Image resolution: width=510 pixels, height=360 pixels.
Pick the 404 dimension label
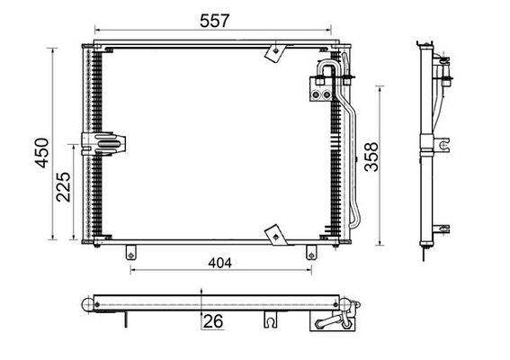click(219, 263)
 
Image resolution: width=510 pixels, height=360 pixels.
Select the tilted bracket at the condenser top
click(273, 53)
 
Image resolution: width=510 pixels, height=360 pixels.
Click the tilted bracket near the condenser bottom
click(273, 235)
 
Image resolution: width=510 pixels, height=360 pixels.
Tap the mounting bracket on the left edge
click(103, 144)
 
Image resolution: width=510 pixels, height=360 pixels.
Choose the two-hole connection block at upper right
click(319, 87)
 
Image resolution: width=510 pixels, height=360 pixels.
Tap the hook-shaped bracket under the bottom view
click(269, 319)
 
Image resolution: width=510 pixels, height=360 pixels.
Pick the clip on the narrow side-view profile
click(445, 143)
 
